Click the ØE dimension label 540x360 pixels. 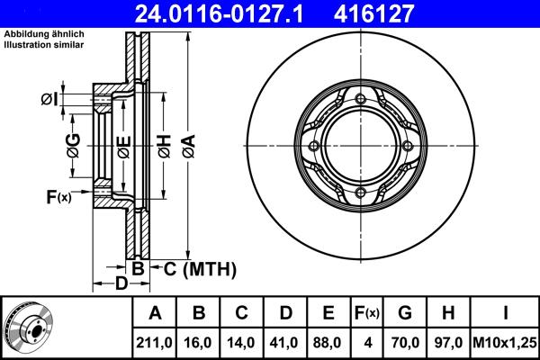tap(123, 146)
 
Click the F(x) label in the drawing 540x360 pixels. tap(58, 195)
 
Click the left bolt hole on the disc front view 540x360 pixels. tap(312, 147)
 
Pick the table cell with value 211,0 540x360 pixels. tap(154, 342)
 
